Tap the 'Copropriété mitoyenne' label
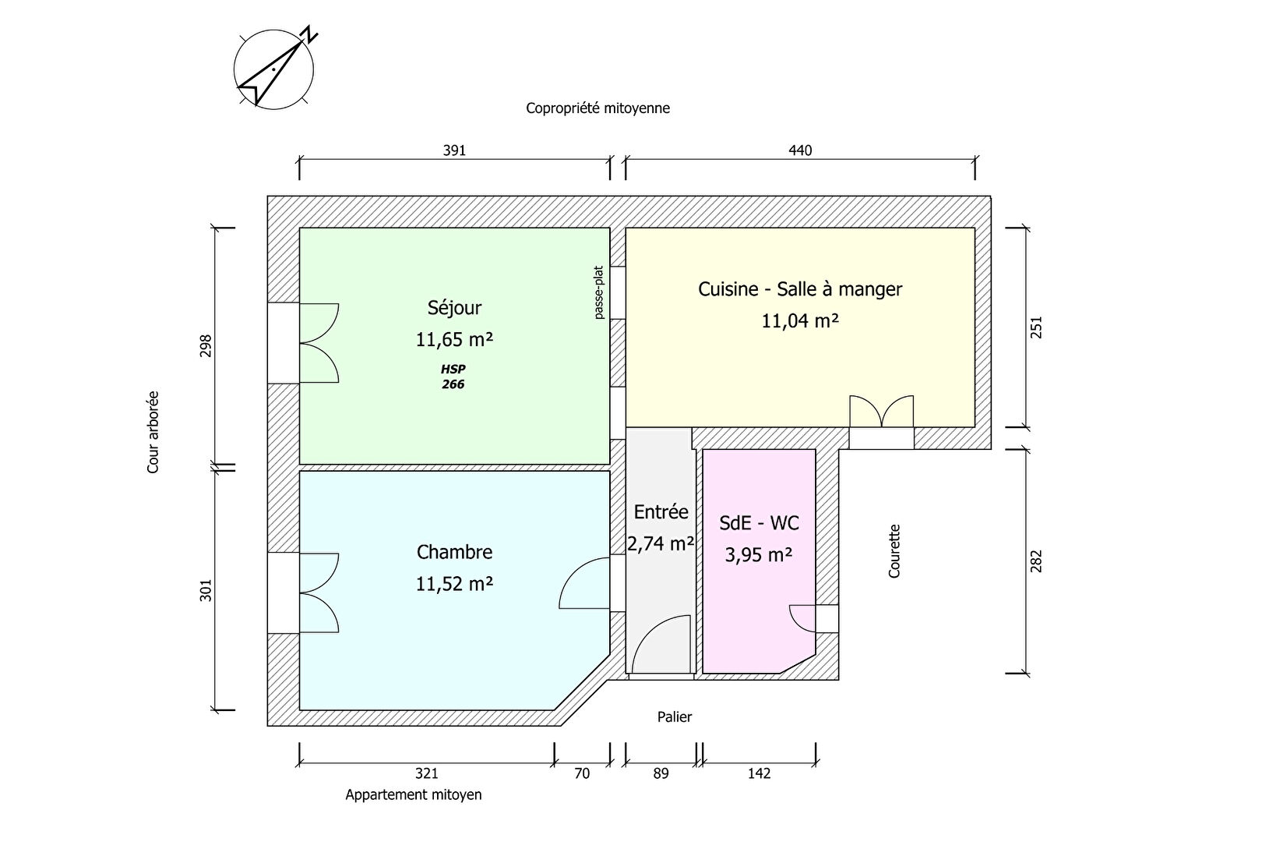[598, 108]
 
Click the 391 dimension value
[455, 150]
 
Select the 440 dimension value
[800, 150]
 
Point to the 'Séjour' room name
[454, 308]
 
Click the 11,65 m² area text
[454, 339]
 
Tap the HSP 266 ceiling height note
[453, 377]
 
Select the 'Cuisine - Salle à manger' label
[800, 289]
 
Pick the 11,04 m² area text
[800, 321]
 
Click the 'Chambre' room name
[454, 552]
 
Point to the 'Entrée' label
[661, 512]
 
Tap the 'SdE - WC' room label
[759, 523]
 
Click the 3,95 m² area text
[758, 556]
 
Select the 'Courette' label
[894, 551]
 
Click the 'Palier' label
[675, 716]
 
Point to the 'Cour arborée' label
[153, 433]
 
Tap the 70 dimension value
[582, 773]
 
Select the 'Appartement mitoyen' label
[414, 795]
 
